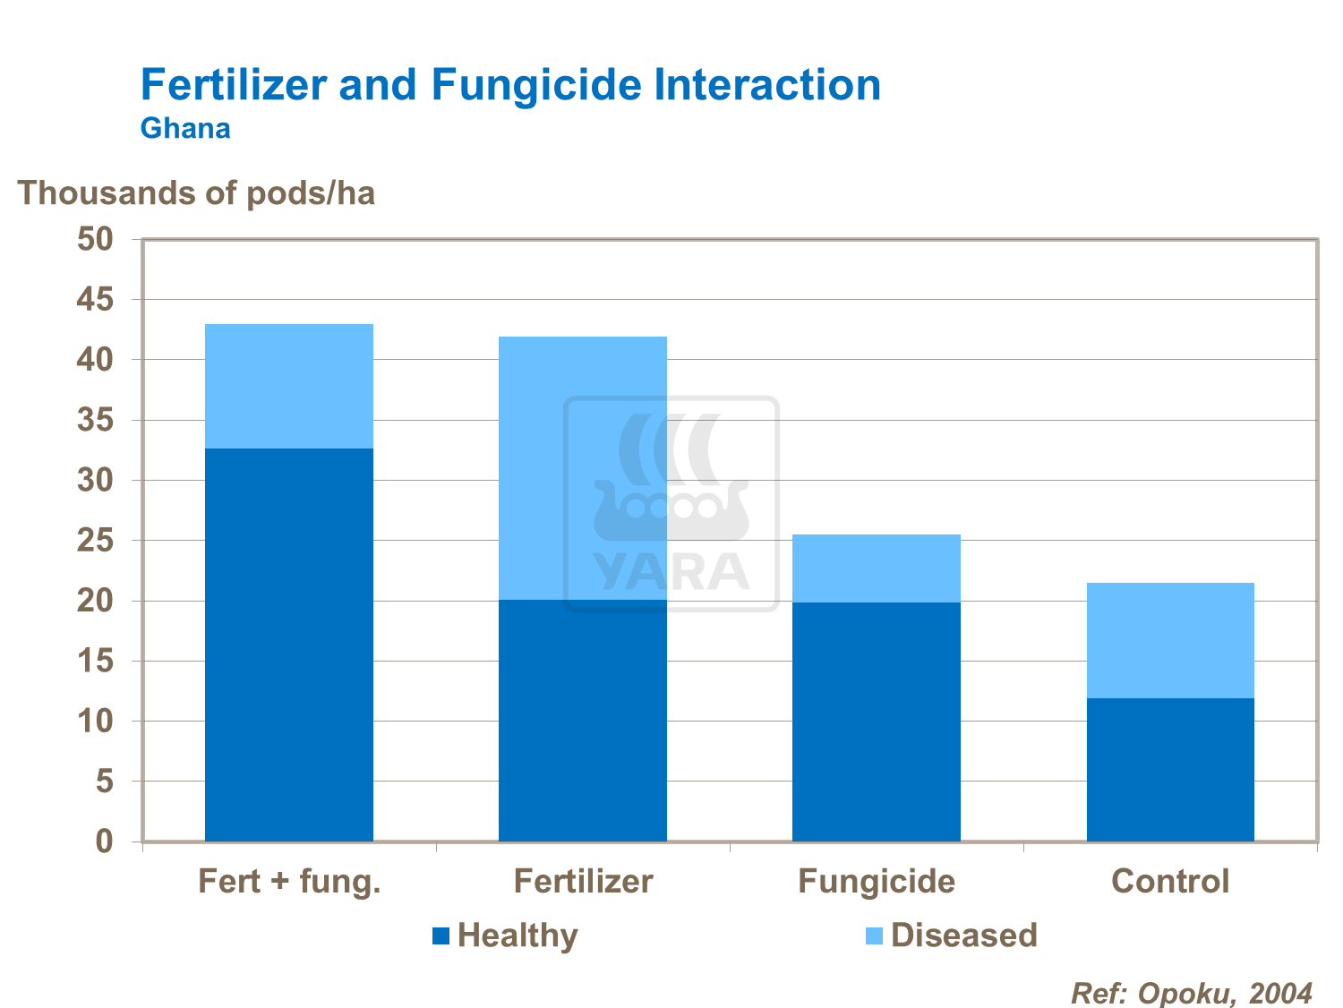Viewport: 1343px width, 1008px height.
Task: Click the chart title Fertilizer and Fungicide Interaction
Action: coord(510,85)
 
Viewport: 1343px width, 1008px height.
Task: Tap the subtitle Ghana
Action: coord(185,128)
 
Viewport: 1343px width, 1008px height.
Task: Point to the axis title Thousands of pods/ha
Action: coord(196,192)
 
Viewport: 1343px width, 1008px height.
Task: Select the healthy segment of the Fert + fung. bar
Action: coord(288,645)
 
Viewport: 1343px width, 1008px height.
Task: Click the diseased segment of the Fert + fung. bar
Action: coord(288,386)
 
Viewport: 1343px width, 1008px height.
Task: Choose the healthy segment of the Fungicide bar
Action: coord(876,722)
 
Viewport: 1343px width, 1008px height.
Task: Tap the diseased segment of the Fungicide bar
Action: coord(876,568)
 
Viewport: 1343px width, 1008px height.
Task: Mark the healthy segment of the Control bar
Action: coord(1169,769)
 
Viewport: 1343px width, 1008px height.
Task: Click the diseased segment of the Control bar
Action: coord(1169,640)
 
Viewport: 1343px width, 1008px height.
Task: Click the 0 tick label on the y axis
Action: coord(105,841)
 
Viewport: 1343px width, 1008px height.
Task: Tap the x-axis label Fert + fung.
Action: coord(289,882)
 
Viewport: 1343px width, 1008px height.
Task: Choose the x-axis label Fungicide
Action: coord(876,882)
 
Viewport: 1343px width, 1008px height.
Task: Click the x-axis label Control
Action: coord(1169,882)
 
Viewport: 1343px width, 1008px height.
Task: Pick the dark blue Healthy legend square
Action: coord(441,936)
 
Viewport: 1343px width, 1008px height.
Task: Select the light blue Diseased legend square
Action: coord(874,936)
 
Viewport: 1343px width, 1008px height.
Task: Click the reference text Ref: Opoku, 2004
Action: coord(1192,993)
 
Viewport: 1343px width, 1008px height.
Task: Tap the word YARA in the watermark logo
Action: coord(671,573)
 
